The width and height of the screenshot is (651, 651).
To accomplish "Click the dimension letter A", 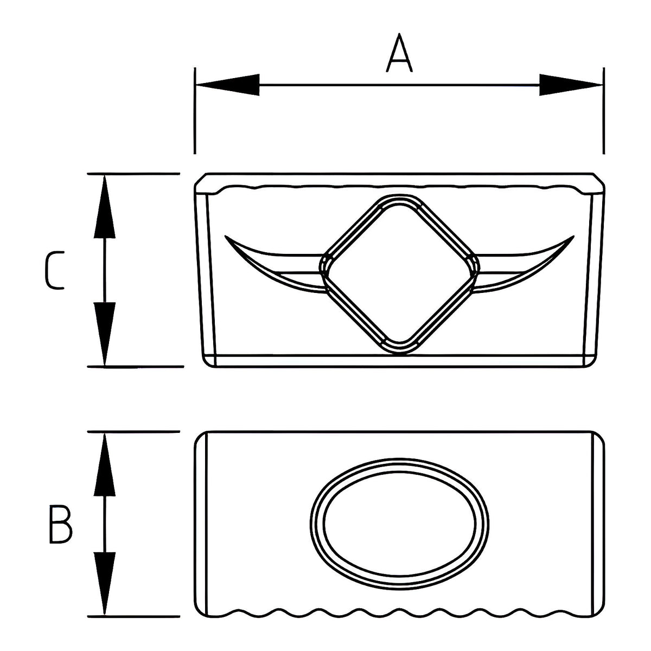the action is (x=399, y=53).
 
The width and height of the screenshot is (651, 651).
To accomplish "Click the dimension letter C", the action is (x=54, y=270).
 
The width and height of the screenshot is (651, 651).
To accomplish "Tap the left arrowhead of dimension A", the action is (x=228, y=85).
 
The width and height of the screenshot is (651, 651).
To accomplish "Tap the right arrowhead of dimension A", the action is (x=571, y=85).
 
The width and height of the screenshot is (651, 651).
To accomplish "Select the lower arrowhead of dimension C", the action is (x=104, y=334).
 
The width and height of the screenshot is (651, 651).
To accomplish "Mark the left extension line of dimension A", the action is (x=195, y=111).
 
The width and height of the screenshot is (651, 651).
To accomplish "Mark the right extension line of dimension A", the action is (x=604, y=111).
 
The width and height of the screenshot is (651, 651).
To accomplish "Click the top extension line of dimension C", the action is (x=133, y=174).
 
